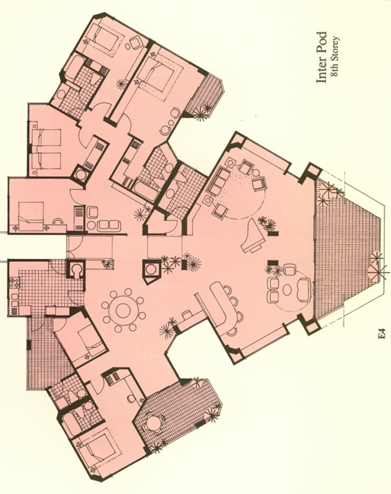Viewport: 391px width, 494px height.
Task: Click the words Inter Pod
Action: (321, 57)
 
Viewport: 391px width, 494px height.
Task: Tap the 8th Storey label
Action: (335, 57)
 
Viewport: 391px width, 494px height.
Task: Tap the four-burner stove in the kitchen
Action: (14, 281)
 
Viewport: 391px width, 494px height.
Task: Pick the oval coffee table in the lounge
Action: (287, 290)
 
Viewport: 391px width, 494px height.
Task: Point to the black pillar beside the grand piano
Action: (274, 233)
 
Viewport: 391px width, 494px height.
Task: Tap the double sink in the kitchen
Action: (14, 300)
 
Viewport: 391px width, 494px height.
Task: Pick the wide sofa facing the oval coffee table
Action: (304, 290)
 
